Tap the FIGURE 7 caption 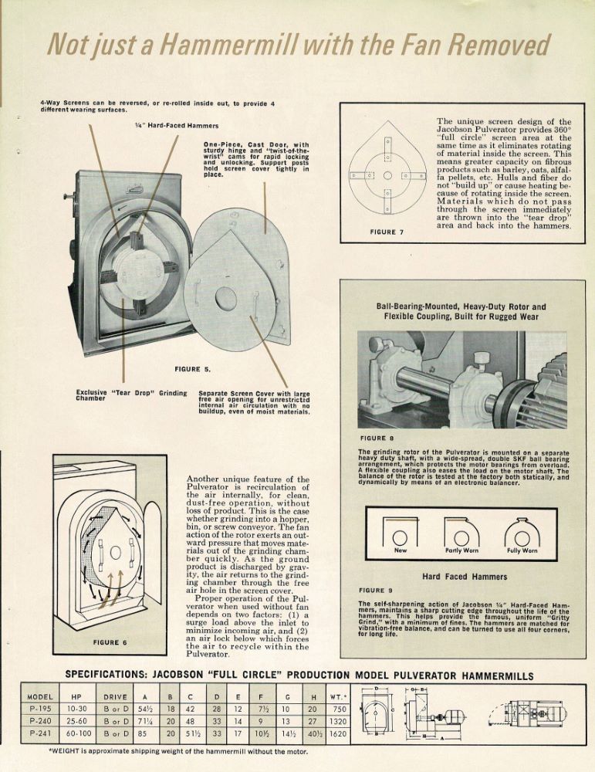pyautogui.click(x=387, y=232)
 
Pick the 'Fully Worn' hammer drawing pyautogui.click(x=522, y=534)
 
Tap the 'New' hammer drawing pyautogui.click(x=401, y=534)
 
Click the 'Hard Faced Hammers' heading pyautogui.click(x=464, y=577)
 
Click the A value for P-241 pyautogui.click(x=144, y=733)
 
